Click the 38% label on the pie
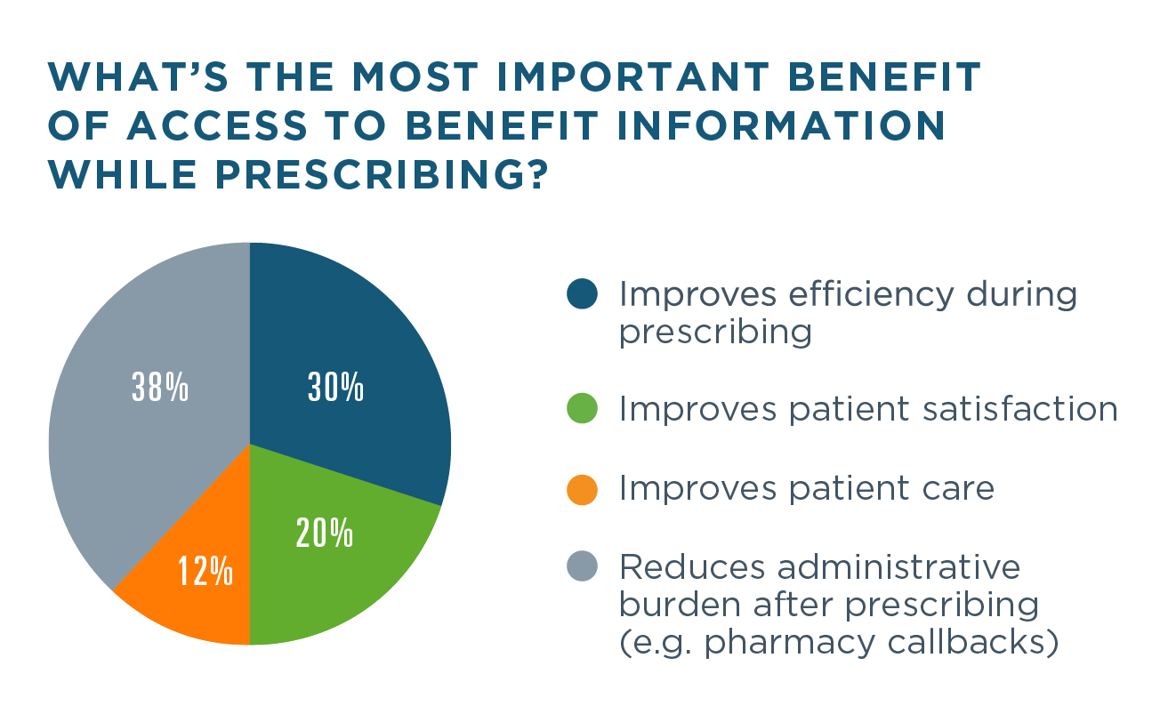[x=160, y=389]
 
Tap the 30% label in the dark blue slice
[x=335, y=389]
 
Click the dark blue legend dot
[x=582, y=294]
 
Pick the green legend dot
[x=582, y=409]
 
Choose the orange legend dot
[x=582, y=488]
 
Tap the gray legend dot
[x=582, y=566]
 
